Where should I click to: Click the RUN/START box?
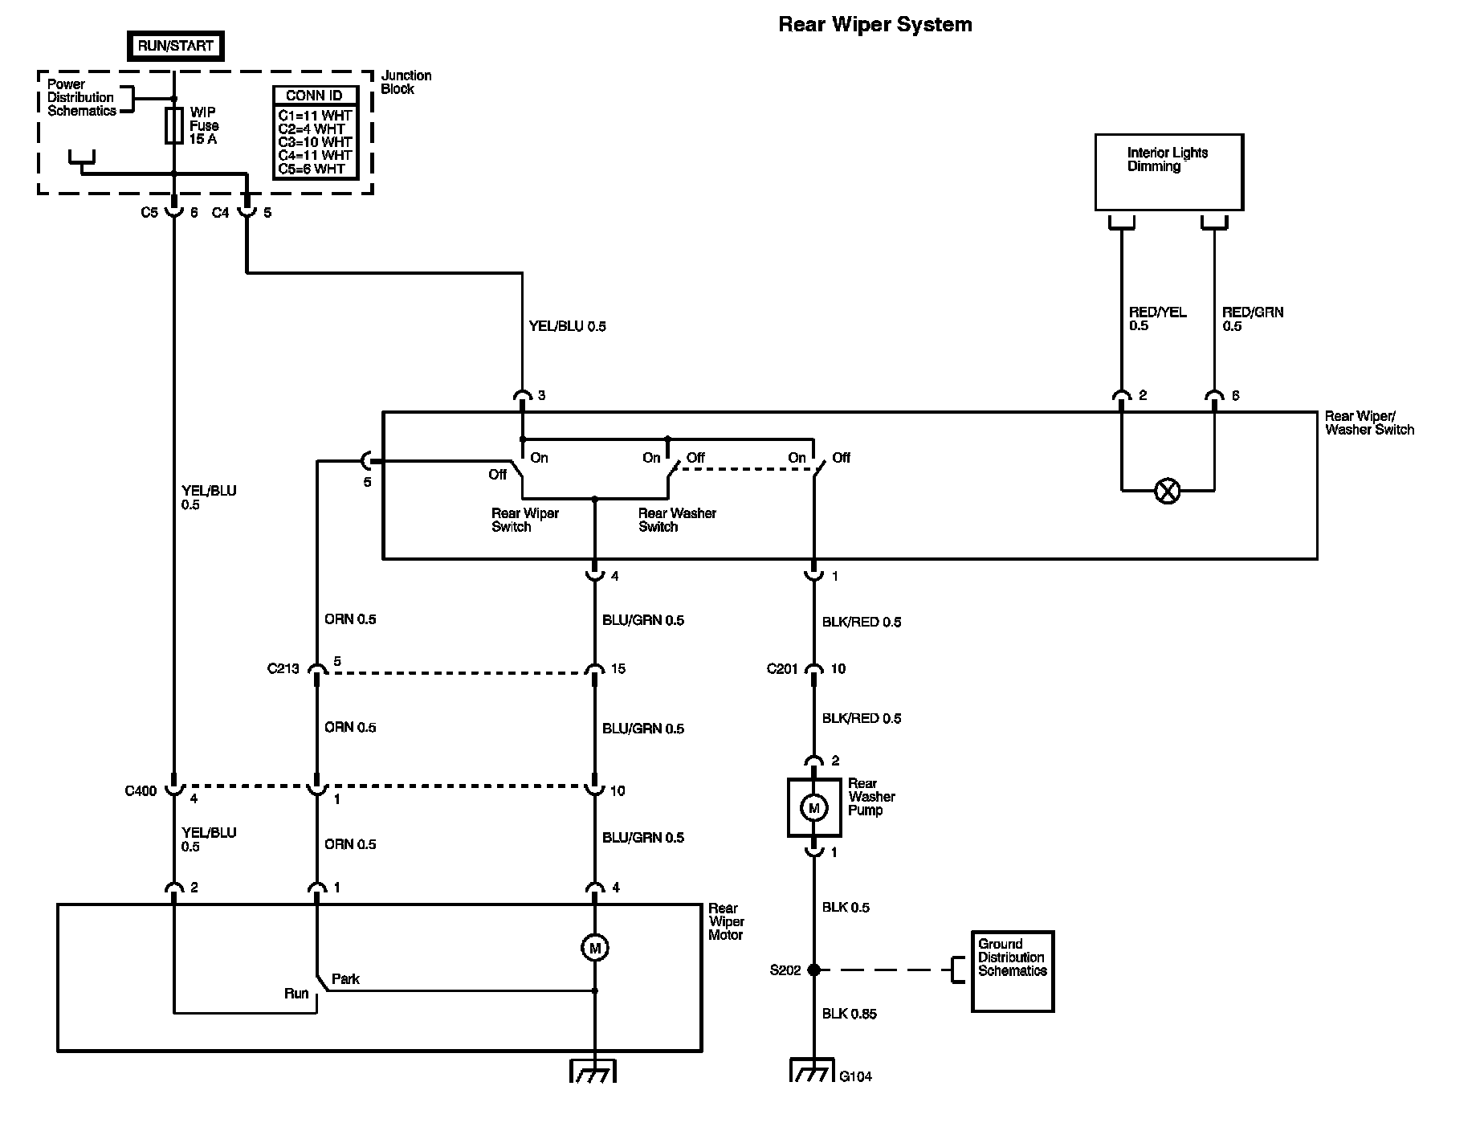175,47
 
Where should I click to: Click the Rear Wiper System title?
875,25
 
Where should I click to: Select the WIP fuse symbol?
174,126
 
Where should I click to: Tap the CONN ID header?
314,96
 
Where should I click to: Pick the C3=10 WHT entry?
315,142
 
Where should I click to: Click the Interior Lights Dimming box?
1168,172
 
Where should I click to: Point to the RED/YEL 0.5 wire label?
1157,319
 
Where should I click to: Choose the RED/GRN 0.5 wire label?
1252,319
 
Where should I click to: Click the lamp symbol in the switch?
1167,491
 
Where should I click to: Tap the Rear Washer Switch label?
677,520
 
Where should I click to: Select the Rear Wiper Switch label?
525,520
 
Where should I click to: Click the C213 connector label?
283,668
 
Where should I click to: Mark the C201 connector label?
782,668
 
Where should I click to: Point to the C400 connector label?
141,791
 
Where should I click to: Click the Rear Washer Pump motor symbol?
814,807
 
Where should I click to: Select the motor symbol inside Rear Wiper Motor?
595,948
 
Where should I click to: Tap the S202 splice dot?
814,970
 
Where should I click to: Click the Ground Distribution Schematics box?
1012,971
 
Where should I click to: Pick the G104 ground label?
856,1076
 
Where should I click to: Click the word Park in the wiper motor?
345,979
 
